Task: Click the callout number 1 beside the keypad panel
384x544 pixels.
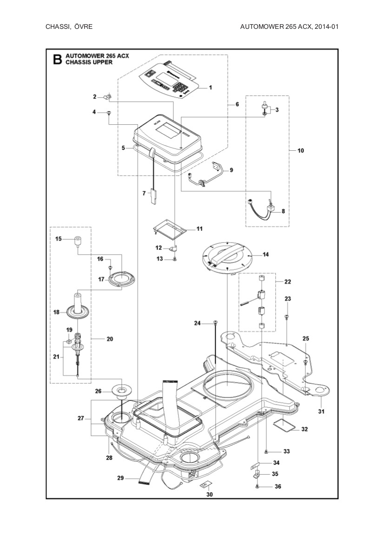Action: [x=210, y=87]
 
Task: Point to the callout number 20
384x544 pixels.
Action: [x=110, y=339]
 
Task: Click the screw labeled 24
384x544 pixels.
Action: [x=215, y=322]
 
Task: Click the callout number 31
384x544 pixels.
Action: [x=321, y=411]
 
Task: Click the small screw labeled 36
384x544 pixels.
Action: [x=257, y=487]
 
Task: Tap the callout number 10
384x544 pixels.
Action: [x=300, y=150]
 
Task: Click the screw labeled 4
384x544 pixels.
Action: [x=109, y=112]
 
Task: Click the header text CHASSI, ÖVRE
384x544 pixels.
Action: [x=69, y=27]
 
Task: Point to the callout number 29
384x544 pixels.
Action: [x=120, y=478]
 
